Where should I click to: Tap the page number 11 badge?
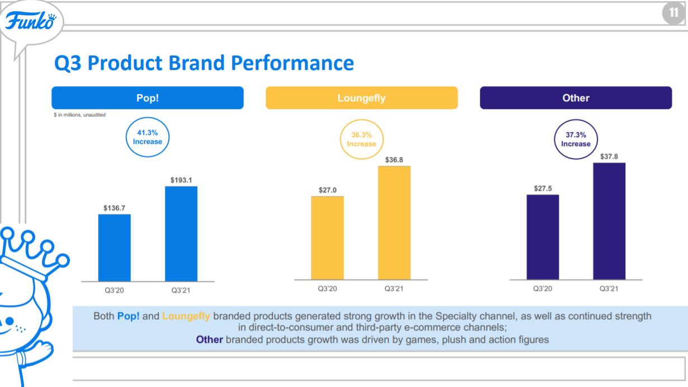pyautogui.click(x=673, y=13)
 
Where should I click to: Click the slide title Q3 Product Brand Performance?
pyautogui.click(x=204, y=63)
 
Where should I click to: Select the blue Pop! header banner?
pyautogui.click(x=148, y=97)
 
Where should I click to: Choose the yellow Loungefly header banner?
pyautogui.click(x=361, y=98)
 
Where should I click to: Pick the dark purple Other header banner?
pyautogui.click(x=576, y=98)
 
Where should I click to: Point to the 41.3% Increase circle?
pyautogui.click(x=148, y=137)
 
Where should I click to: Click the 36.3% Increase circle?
pyautogui.click(x=361, y=139)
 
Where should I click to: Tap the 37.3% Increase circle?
pyautogui.click(x=576, y=139)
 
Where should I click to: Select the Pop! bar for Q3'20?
pyautogui.click(x=115, y=247)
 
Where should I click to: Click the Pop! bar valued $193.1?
pyautogui.click(x=181, y=233)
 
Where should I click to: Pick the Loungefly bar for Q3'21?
pyautogui.click(x=394, y=222)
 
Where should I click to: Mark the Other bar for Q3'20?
pyautogui.click(x=543, y=237)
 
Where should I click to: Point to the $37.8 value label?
pyautogui.click(x=609, y=156)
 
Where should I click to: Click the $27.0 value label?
pyautogui.click(x=328, y=190)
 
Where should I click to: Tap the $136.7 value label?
pyautogui.click(x=114, y=208)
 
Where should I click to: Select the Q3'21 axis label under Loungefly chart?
pyautogui.click(x=394, y=289)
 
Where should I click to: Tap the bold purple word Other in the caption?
pyautogui.click(x=209, y=339)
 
